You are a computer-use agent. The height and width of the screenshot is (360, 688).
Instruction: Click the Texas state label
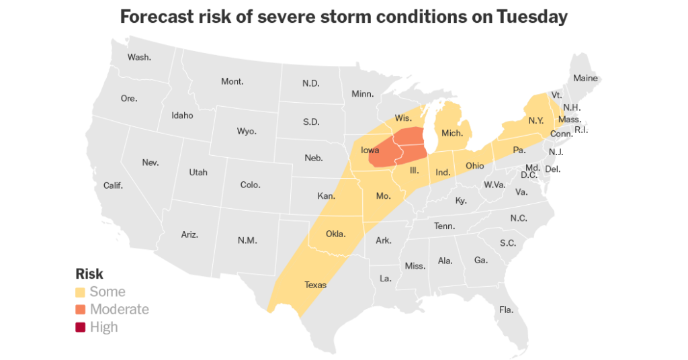tap(315, 285)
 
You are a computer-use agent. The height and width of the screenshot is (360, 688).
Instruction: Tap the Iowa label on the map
tap(370, 150)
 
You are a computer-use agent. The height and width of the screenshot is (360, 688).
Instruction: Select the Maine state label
tap(585, 79)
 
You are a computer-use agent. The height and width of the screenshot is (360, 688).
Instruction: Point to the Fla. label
tap(506, 310)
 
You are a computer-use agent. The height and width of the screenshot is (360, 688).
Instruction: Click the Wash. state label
tap(139, 57)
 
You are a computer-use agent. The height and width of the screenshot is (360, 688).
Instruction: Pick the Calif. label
tap(113, 185)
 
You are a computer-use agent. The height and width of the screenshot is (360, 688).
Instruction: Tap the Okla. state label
tap(335, 234)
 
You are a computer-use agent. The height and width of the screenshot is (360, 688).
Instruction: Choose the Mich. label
tap(452, 134)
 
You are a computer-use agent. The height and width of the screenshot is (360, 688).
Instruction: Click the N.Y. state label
tap(535, 121)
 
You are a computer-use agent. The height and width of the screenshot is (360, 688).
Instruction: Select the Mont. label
tap(232, 82)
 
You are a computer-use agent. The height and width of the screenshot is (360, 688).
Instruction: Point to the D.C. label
tap(529, 175)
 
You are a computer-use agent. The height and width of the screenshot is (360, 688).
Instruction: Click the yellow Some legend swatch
tap(81, 292)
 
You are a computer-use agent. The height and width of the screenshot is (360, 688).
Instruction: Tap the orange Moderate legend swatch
tap(81, 310)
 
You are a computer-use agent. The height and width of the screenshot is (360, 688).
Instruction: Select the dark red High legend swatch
tap(81, 328)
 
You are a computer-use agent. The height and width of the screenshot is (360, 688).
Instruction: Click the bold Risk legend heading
tap(89, 274)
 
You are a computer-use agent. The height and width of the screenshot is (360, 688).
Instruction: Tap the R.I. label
tap(581, 130)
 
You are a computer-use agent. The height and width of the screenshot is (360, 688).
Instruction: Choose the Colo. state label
tap(251, 185)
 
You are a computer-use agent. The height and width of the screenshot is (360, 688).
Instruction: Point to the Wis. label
tap(403, 118)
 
